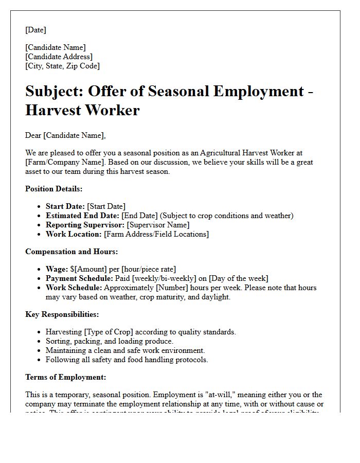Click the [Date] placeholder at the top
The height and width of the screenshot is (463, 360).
click(35, 30)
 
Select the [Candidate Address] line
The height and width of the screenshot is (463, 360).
click(59, 57)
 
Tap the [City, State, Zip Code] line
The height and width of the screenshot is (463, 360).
click(62, 66)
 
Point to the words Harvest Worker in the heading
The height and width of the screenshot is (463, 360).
click(82, 110)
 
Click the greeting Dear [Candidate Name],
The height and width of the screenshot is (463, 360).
click(65, 135)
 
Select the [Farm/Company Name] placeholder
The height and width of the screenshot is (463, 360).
click(57, 162)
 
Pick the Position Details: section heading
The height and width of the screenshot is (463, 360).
click(53, 189)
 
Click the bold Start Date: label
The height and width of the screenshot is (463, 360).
click(64, 206)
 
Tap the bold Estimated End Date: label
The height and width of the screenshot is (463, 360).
click(82, 216)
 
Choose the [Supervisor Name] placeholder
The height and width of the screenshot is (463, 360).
click(158, 225)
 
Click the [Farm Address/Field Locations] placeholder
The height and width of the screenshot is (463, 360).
click(156, 234)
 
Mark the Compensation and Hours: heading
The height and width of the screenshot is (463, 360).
click(71, 252)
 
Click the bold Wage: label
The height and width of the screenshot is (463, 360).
click(57, 269)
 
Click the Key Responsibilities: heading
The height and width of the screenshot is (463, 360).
click(62, 314)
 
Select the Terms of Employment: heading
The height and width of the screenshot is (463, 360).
click(65, 377)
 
